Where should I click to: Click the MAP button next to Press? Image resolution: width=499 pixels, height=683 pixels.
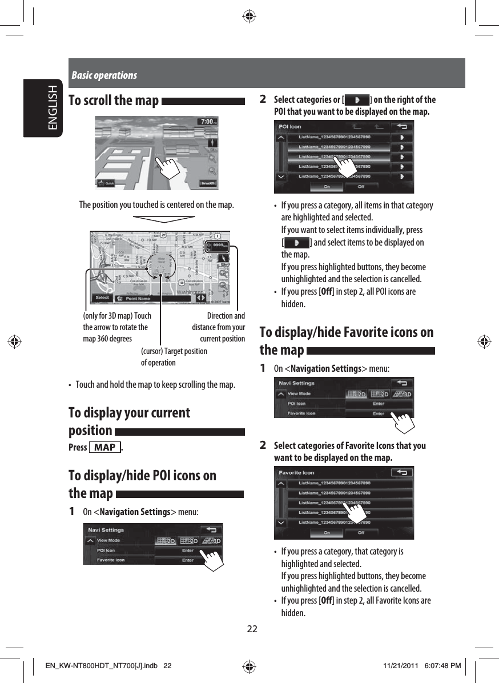105,447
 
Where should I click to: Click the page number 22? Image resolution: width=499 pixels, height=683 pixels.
252,629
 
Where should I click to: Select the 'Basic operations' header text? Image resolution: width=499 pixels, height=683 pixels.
104,75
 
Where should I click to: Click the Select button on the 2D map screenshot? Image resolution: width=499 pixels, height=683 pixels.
102,298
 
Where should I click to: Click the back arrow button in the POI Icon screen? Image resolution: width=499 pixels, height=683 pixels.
403,126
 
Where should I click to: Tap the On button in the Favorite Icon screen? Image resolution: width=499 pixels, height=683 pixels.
327,533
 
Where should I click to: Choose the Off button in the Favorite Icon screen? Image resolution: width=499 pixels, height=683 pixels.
361,533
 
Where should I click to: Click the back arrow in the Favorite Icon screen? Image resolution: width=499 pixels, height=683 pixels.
403,472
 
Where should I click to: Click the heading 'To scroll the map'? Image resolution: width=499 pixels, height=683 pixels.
113,101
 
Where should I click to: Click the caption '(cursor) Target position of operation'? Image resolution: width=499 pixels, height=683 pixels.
174,357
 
